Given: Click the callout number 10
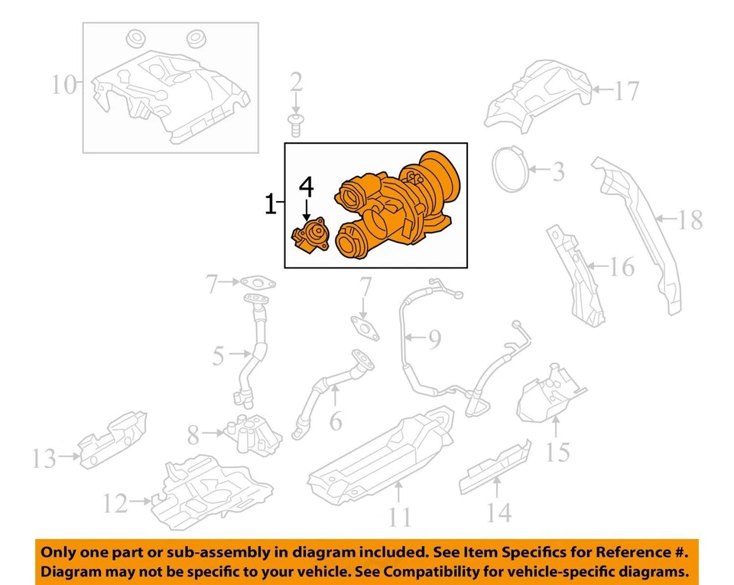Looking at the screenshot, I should tap(65, 84).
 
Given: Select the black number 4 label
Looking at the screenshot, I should tap(306, 186).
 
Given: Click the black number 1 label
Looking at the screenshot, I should tap(270, 204).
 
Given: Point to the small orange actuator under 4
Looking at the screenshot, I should tap(310, 236).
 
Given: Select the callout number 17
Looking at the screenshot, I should tap(625, 92).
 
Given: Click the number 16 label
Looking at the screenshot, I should tap(622, 267).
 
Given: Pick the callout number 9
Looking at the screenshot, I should tap(434, 338).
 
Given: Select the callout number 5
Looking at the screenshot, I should tap(218, 356).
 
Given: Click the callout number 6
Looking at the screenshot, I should tap(334, 421).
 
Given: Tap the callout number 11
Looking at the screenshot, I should tap(398, 518).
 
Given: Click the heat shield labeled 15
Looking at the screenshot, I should tap(550, 394).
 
